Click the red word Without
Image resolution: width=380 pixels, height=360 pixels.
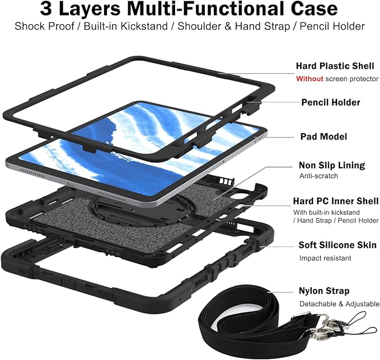309,79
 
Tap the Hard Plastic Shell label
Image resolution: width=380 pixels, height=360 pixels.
335,66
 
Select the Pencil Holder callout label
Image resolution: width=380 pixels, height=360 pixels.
331,102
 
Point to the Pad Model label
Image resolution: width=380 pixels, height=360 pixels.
323,136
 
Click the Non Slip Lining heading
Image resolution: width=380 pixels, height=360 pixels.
332,165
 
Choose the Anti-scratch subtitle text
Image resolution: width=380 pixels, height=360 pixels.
318,176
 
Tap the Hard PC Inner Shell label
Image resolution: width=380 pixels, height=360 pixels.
336,201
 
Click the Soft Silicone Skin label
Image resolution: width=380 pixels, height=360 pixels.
337,245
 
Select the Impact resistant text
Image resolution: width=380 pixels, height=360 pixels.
325,258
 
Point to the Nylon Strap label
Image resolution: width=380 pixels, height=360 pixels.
324,291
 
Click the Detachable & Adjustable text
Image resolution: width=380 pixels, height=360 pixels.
339,304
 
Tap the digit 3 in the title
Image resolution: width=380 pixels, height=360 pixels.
46,9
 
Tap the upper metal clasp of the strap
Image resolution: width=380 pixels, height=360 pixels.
325,320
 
